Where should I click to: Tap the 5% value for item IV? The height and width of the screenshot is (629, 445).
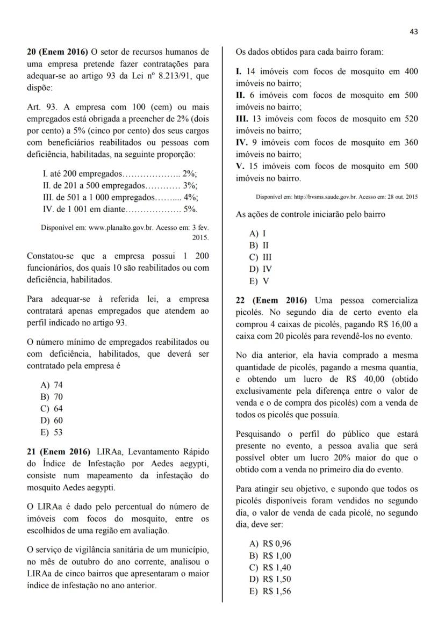[191, 209]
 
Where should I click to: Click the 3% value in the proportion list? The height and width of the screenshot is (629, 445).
[190, 185]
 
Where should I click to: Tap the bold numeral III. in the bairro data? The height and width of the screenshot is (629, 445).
[243, 119]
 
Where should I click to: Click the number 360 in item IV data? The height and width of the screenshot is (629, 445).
[410, 142]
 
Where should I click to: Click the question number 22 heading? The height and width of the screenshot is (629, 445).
[271, 300]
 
